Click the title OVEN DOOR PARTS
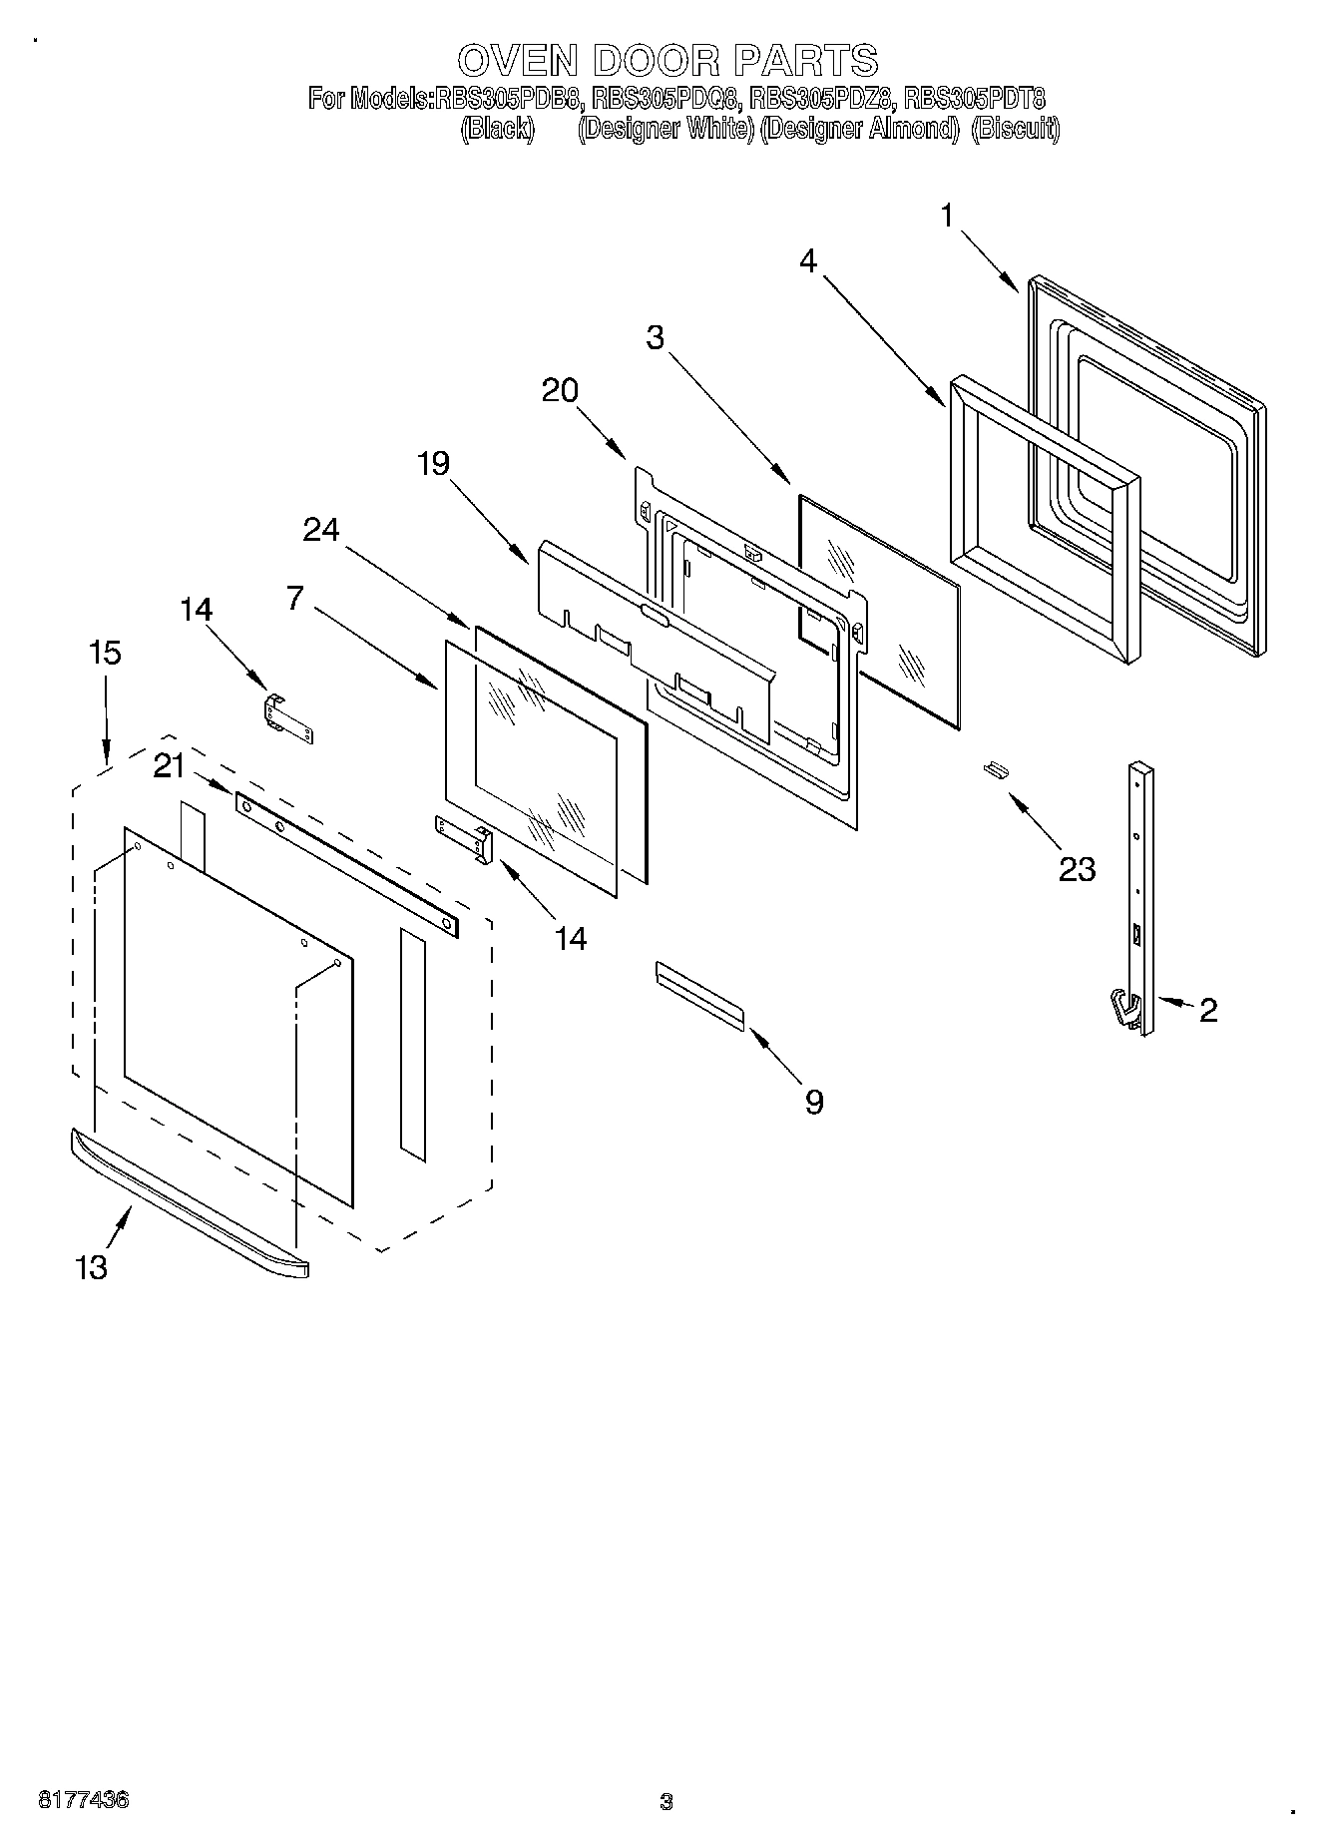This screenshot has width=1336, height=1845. (x=668, y=60)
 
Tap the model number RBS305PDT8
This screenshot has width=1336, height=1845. (x=974, y=99)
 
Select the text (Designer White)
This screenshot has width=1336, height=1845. (x=665, y=129)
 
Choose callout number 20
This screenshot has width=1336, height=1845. (x=560, y=390)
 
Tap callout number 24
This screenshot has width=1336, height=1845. (x=321, y=530)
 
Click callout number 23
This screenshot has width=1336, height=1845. (x=1077, y=869)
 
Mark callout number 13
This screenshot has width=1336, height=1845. (x=91, y=1267)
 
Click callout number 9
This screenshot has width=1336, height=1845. (x=814, y=1102)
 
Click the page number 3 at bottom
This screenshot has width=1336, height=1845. (x=667, y=1802)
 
